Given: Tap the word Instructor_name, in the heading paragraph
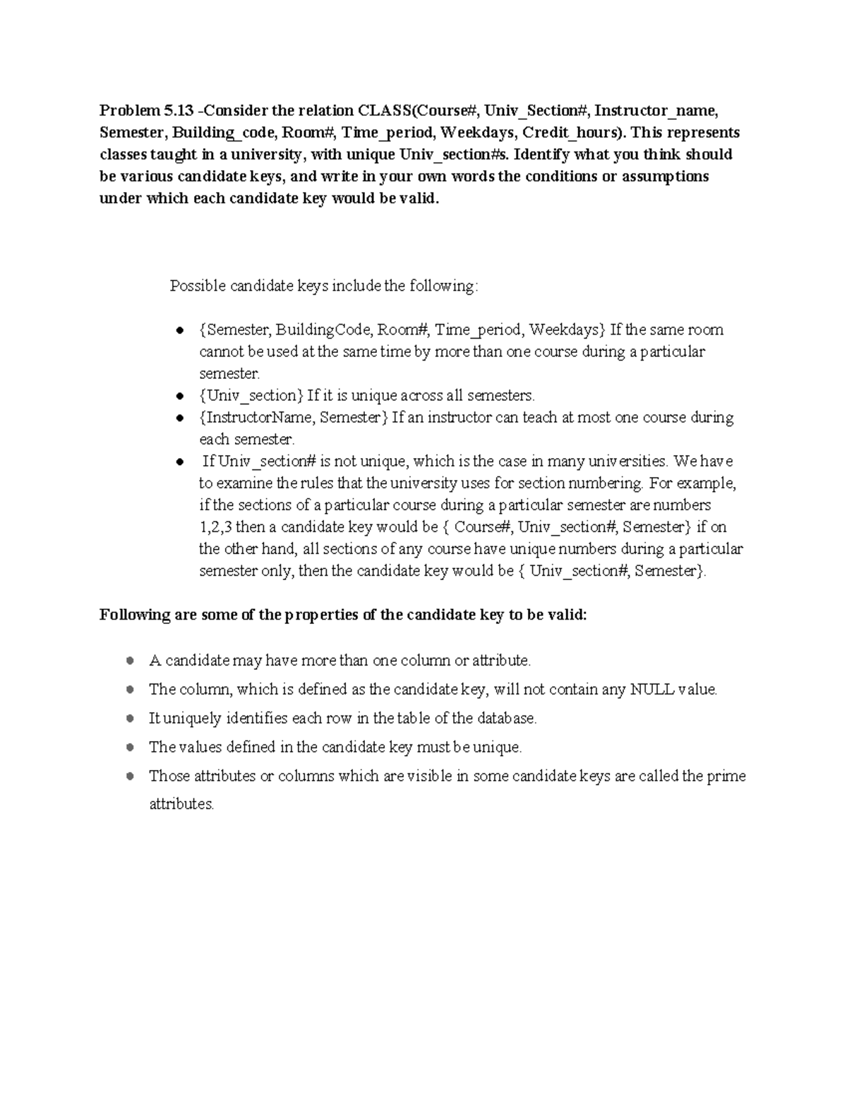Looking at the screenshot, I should click(656, 111).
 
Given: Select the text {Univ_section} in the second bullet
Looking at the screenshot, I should click(251, 395).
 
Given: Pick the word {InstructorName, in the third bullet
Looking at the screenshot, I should click(257, 417).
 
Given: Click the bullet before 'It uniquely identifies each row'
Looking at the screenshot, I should click(129, 718).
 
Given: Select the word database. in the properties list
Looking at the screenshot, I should click(507, 718).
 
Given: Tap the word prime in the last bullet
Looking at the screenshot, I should click(726, 776).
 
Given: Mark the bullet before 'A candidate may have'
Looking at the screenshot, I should click(129, 661).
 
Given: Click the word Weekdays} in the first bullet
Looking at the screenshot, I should click(567, 330).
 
